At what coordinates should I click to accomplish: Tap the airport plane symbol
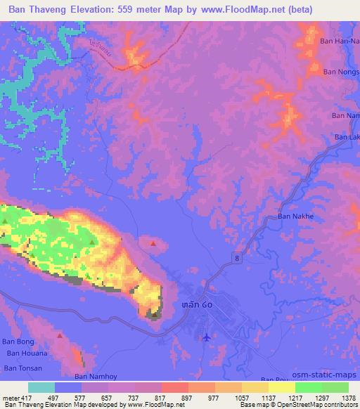click(205, 338)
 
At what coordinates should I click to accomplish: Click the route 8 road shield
click(237, 259)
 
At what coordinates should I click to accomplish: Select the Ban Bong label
click(19, 341)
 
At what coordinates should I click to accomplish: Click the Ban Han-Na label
click(339, 41)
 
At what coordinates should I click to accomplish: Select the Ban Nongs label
click(340, 72)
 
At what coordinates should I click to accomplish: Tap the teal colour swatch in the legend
click(41, 387)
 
